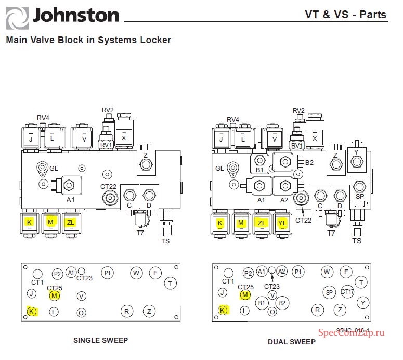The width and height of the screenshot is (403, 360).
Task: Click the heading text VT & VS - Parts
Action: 345,14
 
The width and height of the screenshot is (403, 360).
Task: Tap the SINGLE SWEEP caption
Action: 100,341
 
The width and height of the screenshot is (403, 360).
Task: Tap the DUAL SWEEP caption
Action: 291,342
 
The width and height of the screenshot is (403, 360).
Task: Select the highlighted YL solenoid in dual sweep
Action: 282,223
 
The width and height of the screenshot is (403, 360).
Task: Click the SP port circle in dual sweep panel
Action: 329,292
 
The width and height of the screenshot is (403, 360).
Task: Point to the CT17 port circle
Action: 347,292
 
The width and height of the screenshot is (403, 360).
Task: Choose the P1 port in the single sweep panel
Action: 108,273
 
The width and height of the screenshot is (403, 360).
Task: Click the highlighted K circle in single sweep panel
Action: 32,312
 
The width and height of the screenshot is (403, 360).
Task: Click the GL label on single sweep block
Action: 54,168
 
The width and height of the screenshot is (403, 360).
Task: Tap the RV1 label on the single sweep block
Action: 106,145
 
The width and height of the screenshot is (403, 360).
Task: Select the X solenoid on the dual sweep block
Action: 315,137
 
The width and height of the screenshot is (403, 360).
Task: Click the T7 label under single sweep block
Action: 140,233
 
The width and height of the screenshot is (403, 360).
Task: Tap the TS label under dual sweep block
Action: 357,241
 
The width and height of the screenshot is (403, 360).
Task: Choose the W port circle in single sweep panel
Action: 136,272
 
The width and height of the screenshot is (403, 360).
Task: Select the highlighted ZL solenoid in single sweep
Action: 70,223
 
